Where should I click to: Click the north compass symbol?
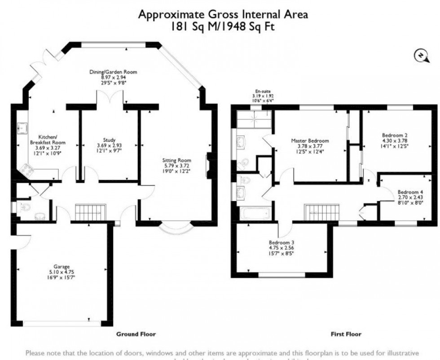(419, 55)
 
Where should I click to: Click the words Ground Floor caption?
(136, 334)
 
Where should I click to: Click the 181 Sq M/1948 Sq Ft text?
(223, 26)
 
